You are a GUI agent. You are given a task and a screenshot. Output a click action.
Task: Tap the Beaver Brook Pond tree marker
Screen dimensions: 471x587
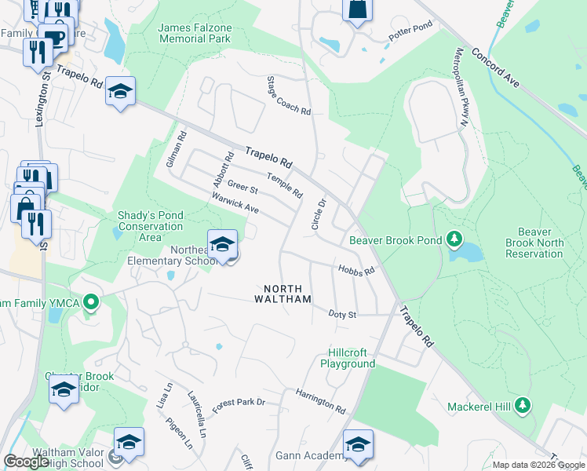pos(453,239)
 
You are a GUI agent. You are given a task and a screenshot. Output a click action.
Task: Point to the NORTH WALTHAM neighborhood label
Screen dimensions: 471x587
pos(283,293)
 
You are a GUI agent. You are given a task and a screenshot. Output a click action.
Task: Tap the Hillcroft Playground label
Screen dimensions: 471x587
pos(348,358)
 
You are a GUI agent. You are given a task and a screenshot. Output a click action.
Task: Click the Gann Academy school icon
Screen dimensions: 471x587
pos(358,445)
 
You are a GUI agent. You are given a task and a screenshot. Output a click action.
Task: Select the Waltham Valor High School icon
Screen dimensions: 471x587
pos(129,442)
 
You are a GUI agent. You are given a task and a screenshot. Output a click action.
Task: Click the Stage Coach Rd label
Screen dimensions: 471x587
pos(288,96)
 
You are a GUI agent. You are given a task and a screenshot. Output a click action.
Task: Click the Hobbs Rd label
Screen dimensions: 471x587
pos(356,269)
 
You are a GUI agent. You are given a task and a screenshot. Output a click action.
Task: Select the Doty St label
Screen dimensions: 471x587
pos(342,314)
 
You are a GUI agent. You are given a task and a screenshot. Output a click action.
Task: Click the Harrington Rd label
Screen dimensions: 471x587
pos(320,401)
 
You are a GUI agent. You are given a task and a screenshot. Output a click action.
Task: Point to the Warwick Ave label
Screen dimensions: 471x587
pos(235,205)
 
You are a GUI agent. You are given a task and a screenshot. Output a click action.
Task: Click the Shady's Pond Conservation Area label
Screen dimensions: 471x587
pos(150,225)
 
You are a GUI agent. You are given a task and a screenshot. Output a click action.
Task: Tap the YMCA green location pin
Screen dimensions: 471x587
pos(91,301)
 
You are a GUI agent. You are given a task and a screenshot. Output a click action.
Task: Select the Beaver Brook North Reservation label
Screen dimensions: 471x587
pos(534,243)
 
